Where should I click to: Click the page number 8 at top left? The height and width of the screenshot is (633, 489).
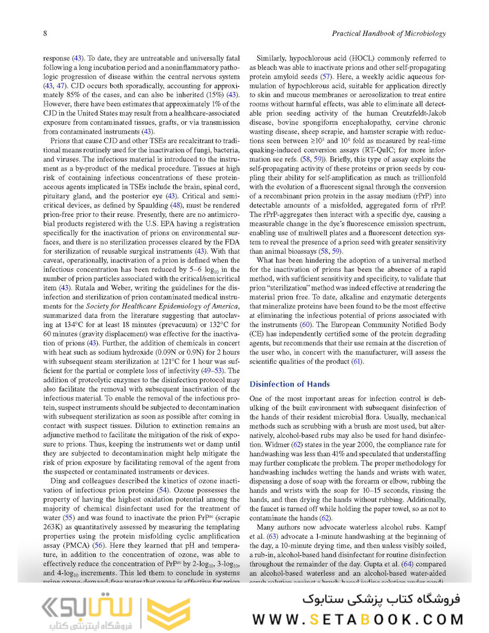coord(45,33)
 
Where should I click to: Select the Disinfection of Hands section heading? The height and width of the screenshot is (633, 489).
coord(290,384)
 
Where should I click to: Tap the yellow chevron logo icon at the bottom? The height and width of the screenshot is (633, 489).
coord(168,611)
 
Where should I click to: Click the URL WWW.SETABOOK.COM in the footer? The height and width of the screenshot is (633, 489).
coord(358,619)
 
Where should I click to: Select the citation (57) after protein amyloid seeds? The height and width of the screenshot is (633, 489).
coord(327,77)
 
